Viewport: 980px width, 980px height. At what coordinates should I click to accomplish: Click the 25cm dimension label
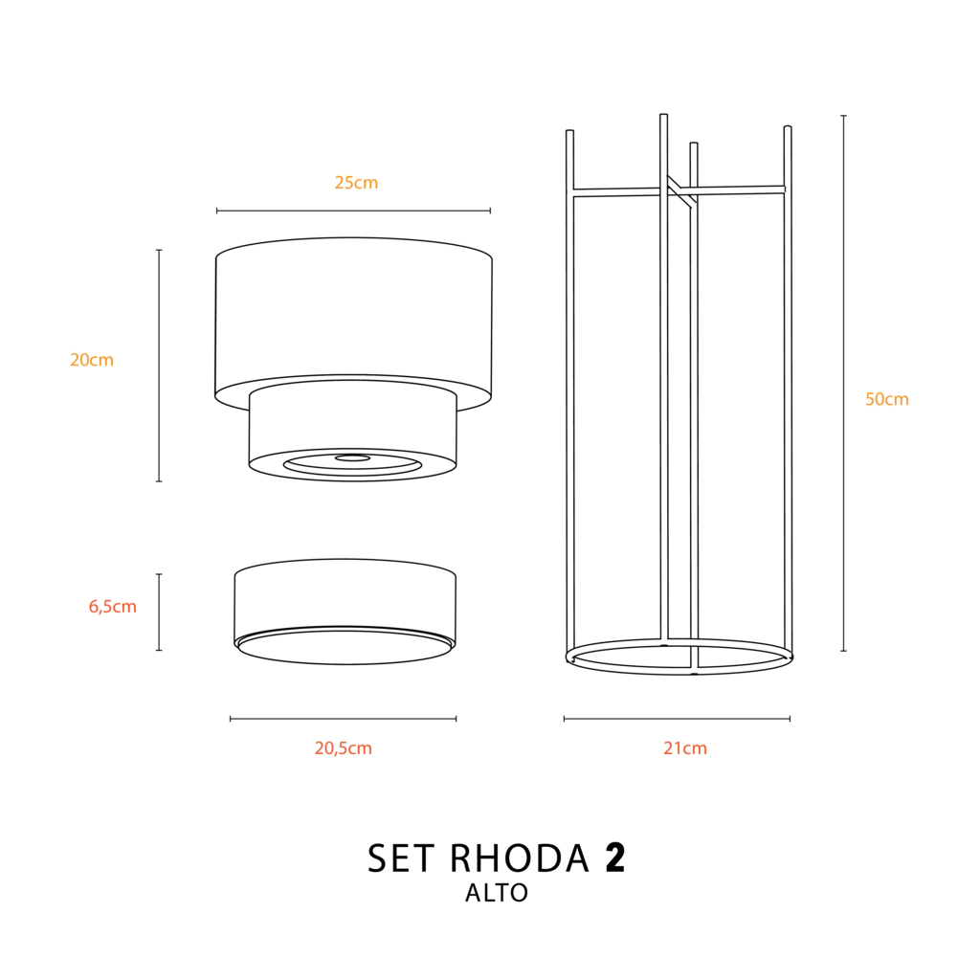pyautogui.click(x=356, y=183)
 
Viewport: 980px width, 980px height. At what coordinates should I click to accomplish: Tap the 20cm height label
pyautogui.click(x=92, y=360)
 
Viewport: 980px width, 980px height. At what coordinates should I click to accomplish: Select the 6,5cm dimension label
pyautogui.click(x=113, y=606)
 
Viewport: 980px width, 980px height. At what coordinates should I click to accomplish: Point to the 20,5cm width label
pyautogui.click(x=344, y=748)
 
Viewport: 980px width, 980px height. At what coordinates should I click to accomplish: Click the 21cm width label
pyautogui.click(x=685, y=748)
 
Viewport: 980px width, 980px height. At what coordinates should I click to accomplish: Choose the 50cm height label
pyautogui.click(x=887, y=399)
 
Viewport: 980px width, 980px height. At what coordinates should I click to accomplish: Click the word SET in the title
pyautogui.click(x=401, y=858)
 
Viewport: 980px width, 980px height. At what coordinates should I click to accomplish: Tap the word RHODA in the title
pyautogui.click(x=520, y=858)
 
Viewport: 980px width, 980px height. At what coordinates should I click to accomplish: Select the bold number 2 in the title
pyautogui.click(x=615, y=857)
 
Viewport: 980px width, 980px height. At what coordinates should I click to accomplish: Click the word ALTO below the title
pyautogui.click(x=497, y=893)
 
